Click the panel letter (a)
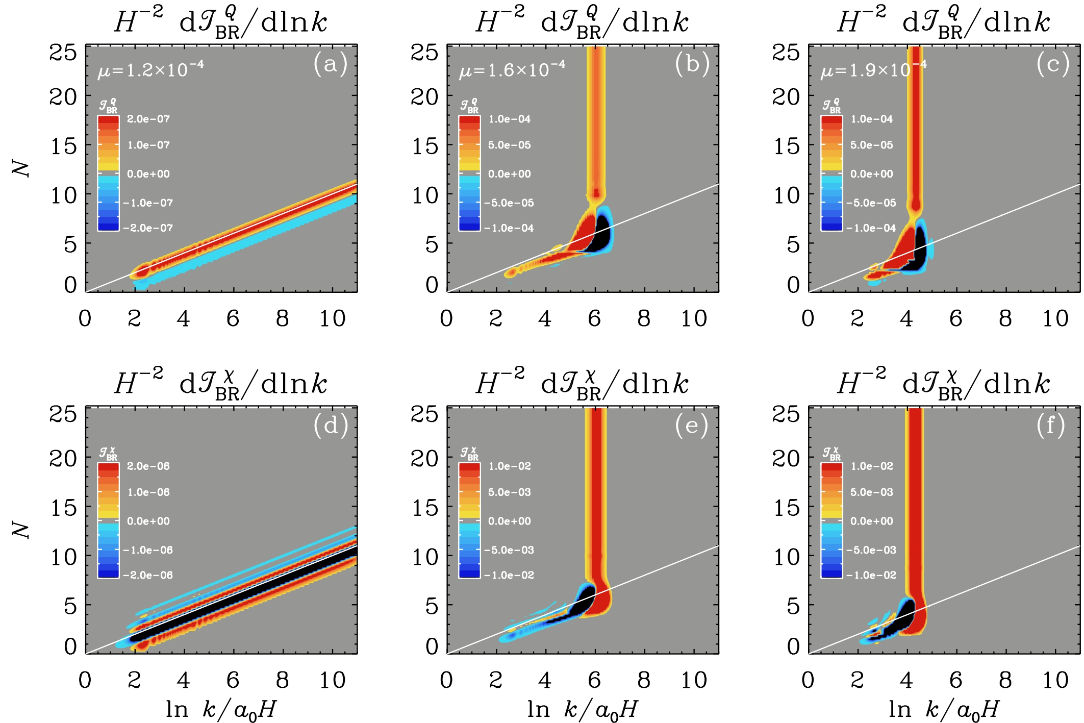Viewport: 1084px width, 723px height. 331,64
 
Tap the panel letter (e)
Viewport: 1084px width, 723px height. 692,426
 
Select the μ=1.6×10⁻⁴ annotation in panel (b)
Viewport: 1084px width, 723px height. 512,69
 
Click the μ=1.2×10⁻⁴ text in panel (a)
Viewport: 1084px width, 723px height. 151,69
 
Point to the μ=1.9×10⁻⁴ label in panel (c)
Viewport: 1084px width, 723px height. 873,69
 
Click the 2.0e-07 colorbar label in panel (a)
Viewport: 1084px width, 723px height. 148,119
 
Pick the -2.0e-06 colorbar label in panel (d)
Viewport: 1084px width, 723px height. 148,576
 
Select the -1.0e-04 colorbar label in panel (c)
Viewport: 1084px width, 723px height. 871,229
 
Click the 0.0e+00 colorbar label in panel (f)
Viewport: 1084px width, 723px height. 872,521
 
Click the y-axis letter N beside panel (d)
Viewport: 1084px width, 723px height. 21,531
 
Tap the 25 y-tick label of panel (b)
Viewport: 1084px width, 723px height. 424,52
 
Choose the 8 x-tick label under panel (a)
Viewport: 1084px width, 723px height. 282,319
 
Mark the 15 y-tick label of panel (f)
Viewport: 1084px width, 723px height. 786,508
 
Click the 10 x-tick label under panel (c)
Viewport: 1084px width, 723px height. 1055,319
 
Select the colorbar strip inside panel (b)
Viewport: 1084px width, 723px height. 469,173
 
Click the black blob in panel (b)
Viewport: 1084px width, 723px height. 601,235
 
